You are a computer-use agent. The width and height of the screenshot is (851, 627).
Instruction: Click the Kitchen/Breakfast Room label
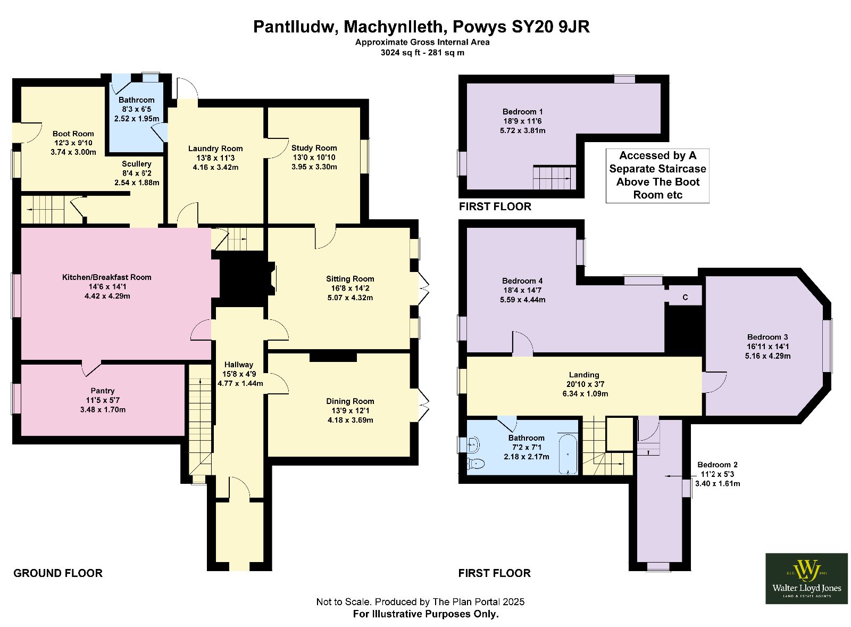(x=106, y=277)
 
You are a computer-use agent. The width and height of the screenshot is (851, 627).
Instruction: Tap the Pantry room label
(x=103, y=391)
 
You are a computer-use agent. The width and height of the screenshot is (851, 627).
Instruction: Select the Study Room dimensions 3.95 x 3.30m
(x=314, y=167)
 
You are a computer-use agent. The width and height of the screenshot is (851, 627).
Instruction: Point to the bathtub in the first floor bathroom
(x=568, y=454)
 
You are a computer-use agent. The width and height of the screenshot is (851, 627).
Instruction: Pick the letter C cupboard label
(x=685, y=298)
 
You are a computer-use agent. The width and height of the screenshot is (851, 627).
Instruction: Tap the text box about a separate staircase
(x=657, y=175)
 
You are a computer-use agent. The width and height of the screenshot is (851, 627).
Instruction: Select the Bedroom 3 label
(x=767, y=337)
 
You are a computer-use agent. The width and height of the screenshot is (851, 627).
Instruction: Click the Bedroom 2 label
(x=717, y=465)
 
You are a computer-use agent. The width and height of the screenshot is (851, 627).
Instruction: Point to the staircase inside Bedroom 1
(x=555, y=177)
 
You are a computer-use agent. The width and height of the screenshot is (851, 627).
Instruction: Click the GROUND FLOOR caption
(x=58, y=573)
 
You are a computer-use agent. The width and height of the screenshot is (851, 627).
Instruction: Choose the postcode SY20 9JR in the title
(x=550, y=27)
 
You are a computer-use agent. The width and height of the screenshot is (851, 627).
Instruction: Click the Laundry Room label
(x=215, y=148)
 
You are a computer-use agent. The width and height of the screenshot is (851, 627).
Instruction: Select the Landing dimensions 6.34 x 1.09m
(x=585, y=393)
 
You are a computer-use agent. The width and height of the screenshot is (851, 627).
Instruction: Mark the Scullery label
(x=136, y=164)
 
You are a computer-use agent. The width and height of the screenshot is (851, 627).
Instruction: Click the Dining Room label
(x=350, y=401)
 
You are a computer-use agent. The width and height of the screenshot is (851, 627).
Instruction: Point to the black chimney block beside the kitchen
(x=243, y=279)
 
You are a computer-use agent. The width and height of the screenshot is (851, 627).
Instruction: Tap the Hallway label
(x=239, y=364)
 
